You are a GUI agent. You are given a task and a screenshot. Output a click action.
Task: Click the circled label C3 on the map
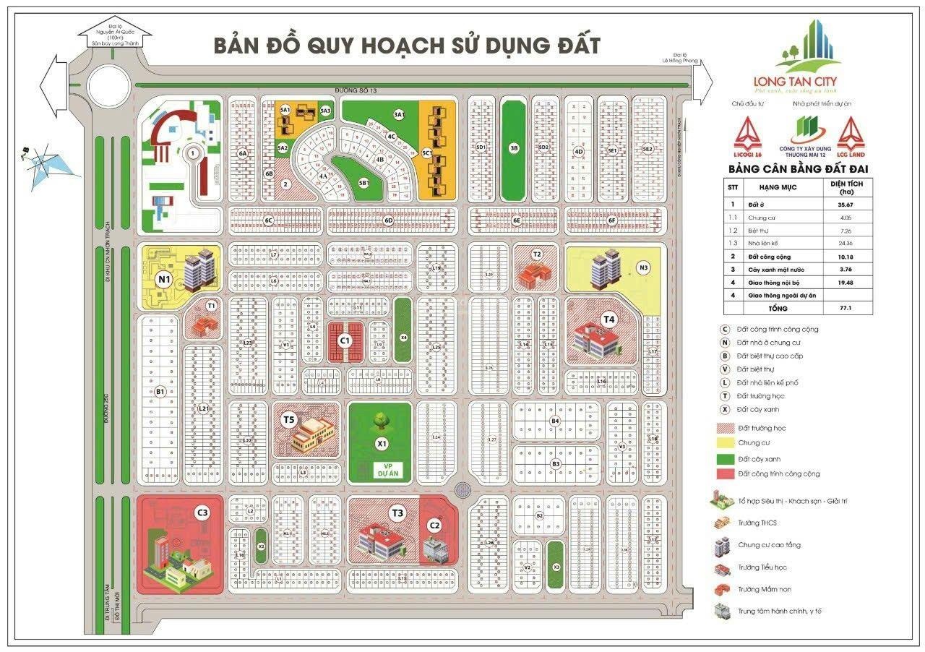202,512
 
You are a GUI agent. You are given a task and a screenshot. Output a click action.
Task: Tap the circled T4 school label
609,319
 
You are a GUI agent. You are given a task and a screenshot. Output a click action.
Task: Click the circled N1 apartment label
164,279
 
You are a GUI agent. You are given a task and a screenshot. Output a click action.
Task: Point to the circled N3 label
643,268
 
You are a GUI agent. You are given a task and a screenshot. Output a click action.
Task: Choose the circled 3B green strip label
514,148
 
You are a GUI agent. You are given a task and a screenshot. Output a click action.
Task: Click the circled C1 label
345,340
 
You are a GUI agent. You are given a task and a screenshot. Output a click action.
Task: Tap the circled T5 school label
289,419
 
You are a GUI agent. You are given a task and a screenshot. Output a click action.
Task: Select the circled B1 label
160,392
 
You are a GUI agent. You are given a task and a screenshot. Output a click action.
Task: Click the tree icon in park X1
379,419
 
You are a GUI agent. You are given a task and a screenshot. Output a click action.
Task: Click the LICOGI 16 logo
748,137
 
